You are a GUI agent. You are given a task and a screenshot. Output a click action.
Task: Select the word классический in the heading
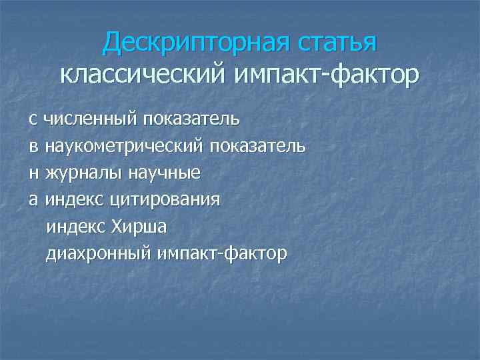(x=144, y=74)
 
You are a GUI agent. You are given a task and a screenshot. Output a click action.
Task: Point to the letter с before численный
(x=32, y=120)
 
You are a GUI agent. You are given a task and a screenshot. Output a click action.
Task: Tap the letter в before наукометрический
(x=32, y=147)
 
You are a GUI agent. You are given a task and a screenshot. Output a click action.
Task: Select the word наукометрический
(x=124, y=147)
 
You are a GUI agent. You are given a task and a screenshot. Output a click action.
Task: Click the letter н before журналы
(x=33, y=173)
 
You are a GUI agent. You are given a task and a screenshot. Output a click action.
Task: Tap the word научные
(x=165, y=173)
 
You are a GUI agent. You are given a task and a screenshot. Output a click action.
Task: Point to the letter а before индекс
(x=32, y=200)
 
